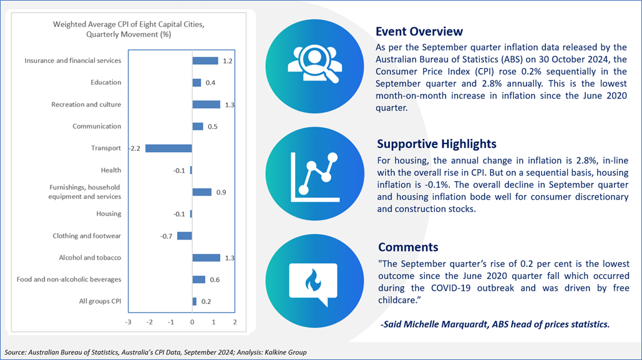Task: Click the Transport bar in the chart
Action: coord(168,148)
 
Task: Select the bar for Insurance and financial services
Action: coord(205,61)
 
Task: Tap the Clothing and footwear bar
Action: coord(185,236)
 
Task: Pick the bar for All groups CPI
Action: coord(195,301)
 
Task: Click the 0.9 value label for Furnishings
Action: coord(221,193)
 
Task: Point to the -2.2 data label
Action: coord(135,148)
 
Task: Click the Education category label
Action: coord(106,82)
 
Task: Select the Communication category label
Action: coord(97,126)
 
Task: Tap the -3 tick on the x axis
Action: coord(128,323)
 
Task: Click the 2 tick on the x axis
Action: coord(235,323)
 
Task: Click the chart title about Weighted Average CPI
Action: coord(129,29)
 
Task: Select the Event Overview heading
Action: coord(419,32)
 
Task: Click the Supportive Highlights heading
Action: coord(437,144)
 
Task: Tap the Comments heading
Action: coord(408,247)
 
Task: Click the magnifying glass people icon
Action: coord(314,64)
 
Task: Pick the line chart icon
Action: coord(315,177)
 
